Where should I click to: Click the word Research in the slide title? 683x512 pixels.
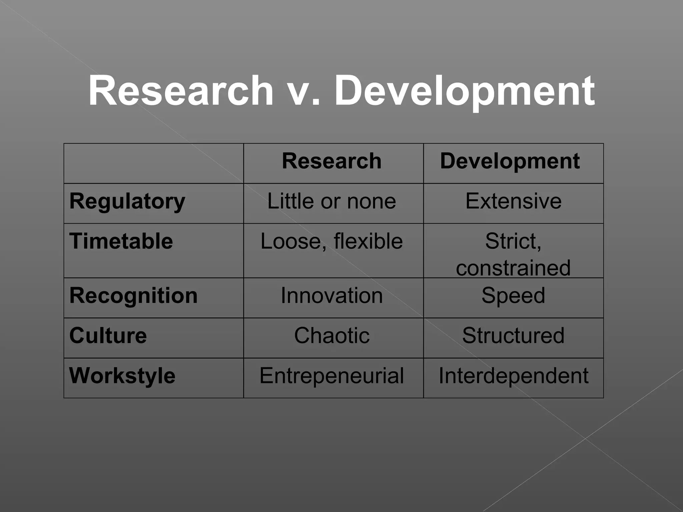180,91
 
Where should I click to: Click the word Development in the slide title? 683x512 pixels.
464,91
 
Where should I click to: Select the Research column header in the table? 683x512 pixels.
331,161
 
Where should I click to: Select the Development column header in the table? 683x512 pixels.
510,161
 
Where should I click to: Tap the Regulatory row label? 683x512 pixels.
127,201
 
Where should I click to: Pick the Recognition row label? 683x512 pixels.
133,296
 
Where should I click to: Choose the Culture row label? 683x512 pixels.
108,335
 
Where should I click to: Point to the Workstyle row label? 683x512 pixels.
122,376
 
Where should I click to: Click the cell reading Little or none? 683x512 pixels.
331,201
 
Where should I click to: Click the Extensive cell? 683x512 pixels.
513,201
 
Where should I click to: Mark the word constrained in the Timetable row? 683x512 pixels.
513,268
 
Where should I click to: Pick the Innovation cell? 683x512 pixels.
331,296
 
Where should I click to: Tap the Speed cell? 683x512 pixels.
513,296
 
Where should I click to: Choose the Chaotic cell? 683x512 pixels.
331,335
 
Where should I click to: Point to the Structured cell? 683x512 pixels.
513,335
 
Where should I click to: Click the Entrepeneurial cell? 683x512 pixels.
331,376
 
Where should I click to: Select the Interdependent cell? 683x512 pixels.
513,376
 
